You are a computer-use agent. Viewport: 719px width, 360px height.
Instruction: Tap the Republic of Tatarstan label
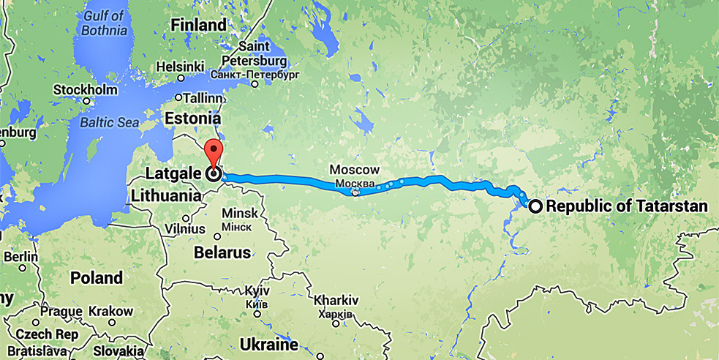pos(627,206)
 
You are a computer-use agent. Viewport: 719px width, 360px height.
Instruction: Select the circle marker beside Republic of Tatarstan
pos(535,206)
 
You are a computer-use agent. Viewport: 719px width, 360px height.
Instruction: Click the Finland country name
pos(198,25)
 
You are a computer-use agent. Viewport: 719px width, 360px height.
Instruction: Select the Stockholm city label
pos(86,89)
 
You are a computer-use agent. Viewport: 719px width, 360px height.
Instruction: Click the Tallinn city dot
pos(178,97)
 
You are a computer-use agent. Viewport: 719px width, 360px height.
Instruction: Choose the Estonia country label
pos(192,118)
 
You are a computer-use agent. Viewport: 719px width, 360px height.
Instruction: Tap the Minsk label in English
pos(239,213)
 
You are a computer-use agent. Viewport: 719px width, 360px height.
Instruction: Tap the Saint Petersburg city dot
pos(255,83)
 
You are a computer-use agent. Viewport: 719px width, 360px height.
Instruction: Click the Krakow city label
pos(110,311)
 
